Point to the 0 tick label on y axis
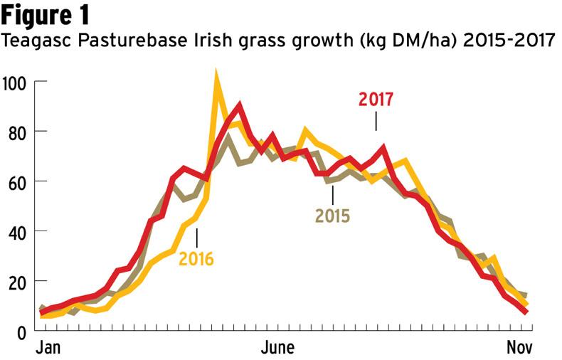[x=21, y=331]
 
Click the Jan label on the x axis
[x=48, y=349]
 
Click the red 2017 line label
[x=376, y=100]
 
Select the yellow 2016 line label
[x=196, y=258]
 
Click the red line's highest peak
[x=239, y=105]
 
